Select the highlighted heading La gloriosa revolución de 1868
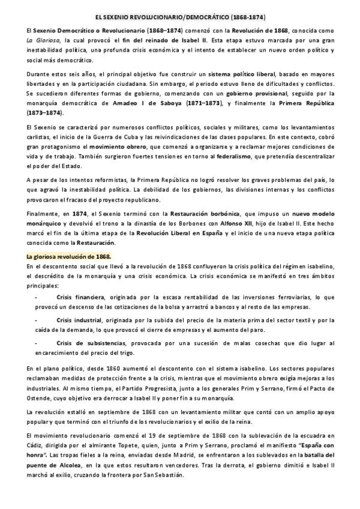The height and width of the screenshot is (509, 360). click(x=60, y=256)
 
